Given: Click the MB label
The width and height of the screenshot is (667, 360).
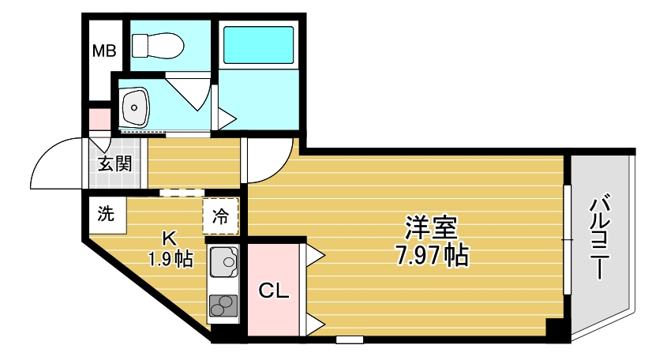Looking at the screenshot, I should [x=105, y=52].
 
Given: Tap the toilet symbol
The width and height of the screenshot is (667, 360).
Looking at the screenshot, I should [x=157, y=45].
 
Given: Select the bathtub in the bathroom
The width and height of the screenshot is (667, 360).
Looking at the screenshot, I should [x=259, y=46].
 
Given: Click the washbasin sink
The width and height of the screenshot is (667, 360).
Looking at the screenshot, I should [x=137, y=106].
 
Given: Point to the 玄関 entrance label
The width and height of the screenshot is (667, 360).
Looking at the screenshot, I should [x=114, y=164].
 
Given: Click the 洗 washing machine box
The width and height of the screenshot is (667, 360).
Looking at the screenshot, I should [x=106, y=213].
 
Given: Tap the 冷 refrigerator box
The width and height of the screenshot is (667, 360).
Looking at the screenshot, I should [x=221, y=216].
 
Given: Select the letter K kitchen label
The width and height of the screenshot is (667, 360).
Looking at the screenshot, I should [x=169, y=238].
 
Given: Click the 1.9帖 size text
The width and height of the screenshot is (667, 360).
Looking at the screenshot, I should [x=170, y=258].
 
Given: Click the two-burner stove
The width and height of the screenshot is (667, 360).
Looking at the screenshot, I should [x=223, y=305].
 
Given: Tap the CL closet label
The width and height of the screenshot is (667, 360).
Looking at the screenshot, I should [x=274, y=291].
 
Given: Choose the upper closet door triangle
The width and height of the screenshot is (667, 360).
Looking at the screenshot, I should [x=314, y=253].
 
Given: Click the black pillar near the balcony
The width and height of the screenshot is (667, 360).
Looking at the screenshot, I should [x=556, y=329].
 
